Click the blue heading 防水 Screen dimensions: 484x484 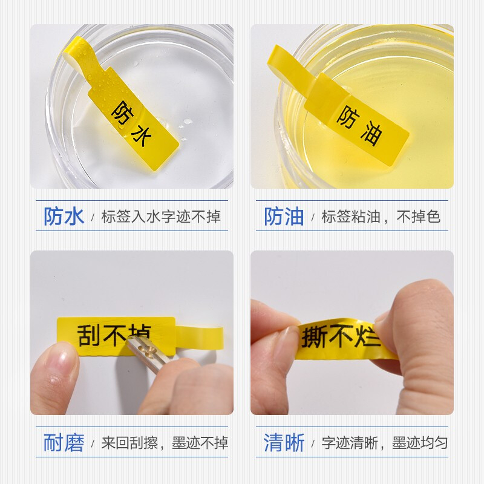[64, 216]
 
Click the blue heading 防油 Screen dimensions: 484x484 [284, 216]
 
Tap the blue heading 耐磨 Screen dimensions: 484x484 [64, 443]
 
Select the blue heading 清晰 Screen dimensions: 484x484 [284, 443]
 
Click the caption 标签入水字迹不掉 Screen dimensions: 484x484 [161, 217]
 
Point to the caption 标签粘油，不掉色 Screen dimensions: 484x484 [381, 217]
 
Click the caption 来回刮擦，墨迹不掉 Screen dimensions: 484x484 [165, 443]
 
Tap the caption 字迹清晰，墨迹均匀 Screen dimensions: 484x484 [385, 443]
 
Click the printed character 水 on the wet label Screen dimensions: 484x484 [142, 136]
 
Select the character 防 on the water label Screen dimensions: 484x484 [122, 113]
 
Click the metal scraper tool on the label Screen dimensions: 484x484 [149, 352]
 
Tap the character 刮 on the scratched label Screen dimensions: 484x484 [89, 335]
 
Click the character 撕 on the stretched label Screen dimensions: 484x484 [314, 337]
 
